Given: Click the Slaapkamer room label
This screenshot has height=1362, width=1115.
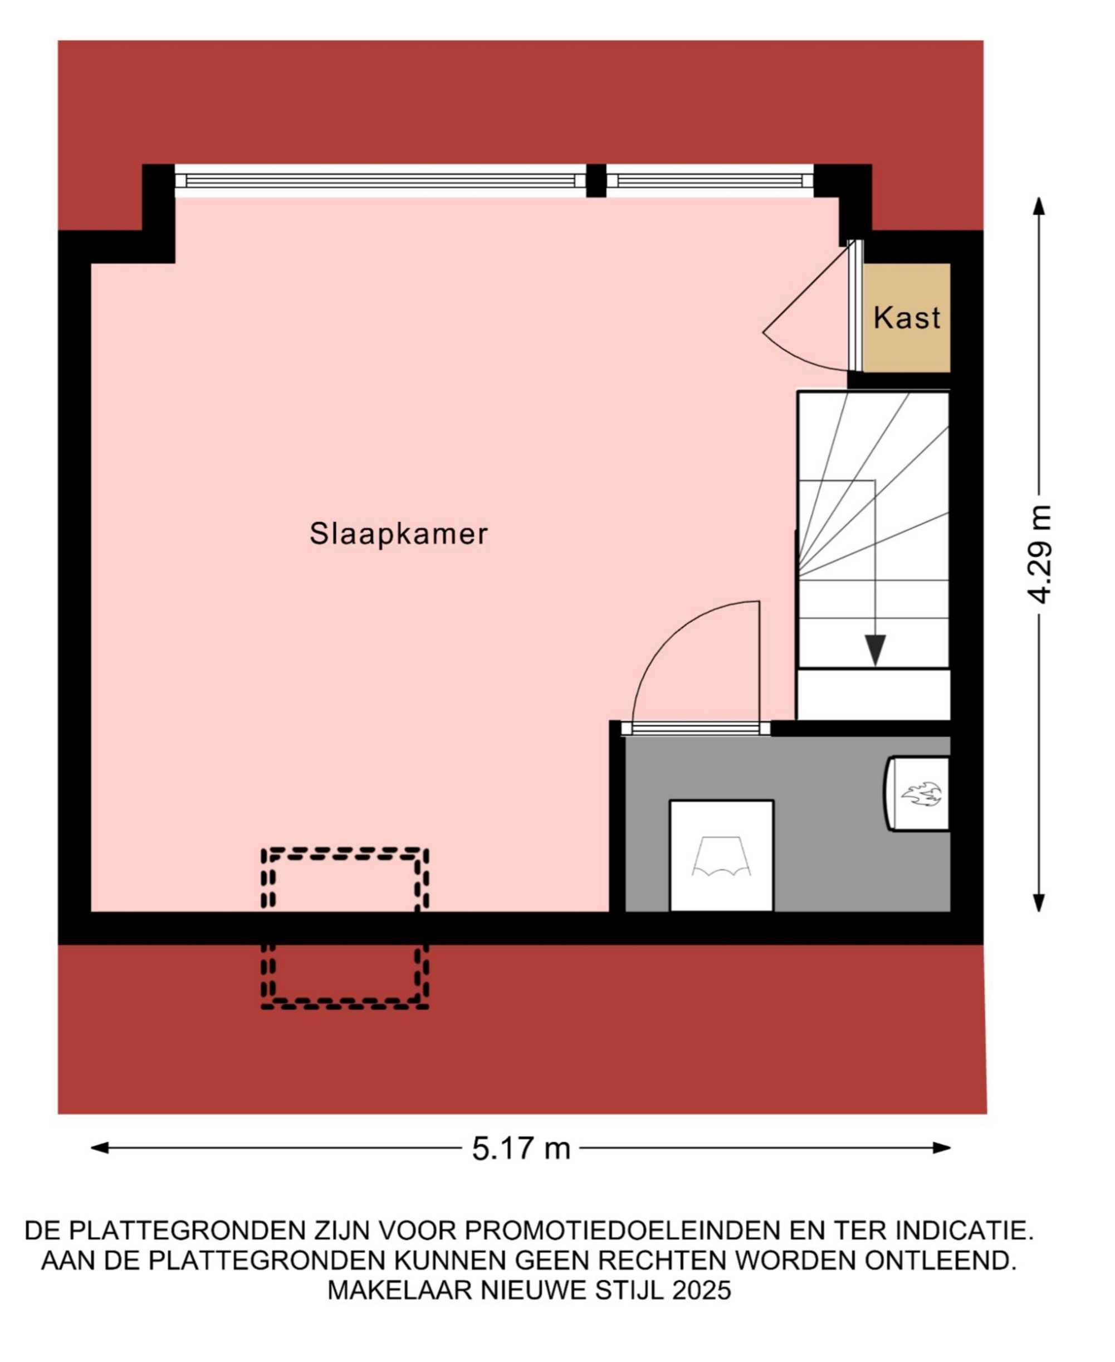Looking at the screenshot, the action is tap(398, 534).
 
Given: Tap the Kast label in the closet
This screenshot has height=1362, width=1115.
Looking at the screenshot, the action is tap(907, 318).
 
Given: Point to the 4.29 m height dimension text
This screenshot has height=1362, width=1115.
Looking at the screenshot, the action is tap(1040, 554).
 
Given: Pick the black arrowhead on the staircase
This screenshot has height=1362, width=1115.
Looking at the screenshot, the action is tap(875, 650).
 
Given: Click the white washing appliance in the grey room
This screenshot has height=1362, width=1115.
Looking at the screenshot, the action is tap(721, 855).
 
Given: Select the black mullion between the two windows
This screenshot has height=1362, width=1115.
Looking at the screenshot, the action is tap(596, 181).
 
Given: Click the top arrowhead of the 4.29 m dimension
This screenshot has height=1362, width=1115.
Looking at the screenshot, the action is tap(1039, 206).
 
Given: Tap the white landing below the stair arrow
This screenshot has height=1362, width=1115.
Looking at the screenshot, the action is tap(873, 694).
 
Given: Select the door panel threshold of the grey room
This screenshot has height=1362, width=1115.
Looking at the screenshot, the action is tap(696, 728).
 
